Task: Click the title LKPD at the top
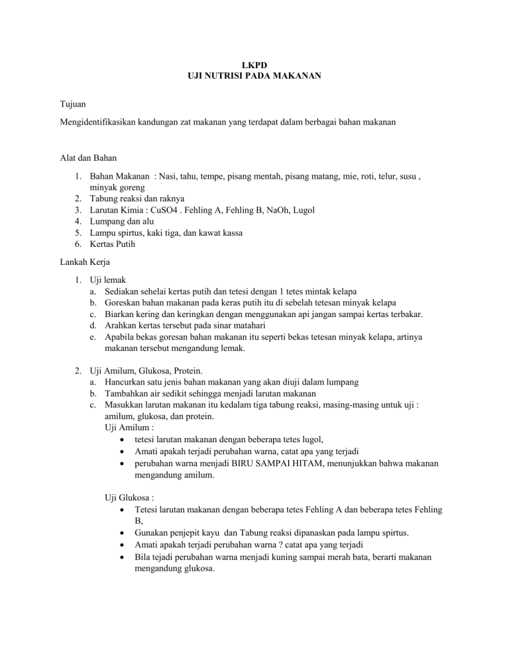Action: [x=254, y=66]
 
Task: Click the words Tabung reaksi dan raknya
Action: [x=138, y=198]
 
